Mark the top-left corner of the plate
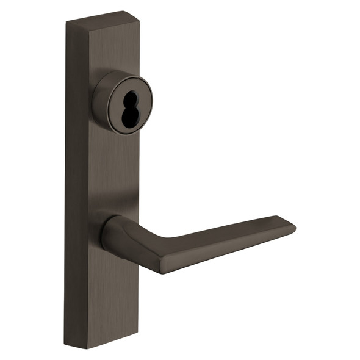pyautogui.click(x=67, y=24)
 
